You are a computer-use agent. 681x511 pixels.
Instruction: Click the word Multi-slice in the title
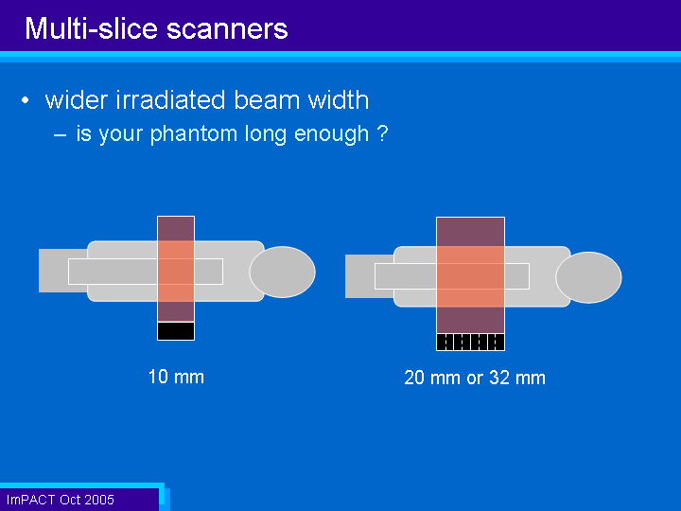point(91,28)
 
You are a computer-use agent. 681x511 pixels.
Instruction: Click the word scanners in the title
point(227,29)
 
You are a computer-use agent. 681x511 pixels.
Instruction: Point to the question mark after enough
point(383,133)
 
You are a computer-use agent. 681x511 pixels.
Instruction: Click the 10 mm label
point(176,377)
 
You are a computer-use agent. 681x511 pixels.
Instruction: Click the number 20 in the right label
point(414,378)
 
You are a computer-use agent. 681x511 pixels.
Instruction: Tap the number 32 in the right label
point(499,378)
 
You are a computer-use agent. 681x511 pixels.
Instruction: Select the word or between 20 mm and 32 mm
point(475,379)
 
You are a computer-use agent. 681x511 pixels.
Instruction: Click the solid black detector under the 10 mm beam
point(176,331)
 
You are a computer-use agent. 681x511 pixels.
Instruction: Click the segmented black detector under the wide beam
point(470,342)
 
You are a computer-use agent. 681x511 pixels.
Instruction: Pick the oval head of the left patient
point(282,272)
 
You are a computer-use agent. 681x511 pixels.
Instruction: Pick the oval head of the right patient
point(588,277)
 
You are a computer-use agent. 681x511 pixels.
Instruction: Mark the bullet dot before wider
point(26,100)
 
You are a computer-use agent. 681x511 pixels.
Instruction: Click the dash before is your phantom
point(60,135)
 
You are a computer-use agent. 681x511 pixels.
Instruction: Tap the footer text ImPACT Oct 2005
point(61,500)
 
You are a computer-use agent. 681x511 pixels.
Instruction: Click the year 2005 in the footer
point(99,500)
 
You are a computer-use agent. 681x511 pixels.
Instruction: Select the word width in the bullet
point(339,99)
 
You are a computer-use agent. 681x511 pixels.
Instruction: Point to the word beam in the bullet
point(267,99)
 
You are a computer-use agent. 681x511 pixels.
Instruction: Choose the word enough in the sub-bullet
point(331,134)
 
